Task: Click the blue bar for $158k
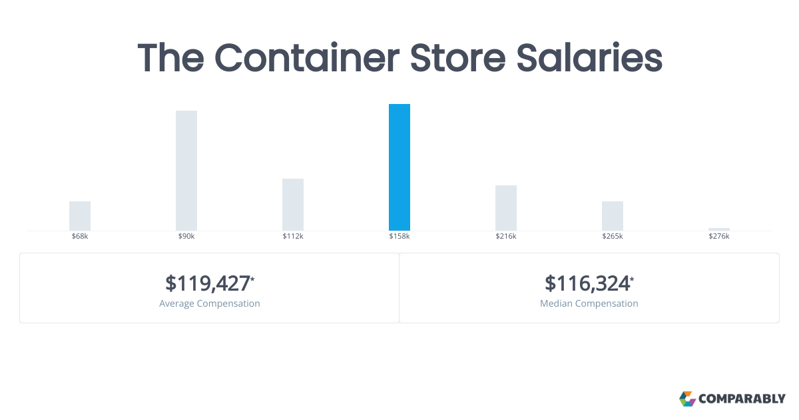click(x=400, y=167)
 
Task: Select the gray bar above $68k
click(x=80, y=216)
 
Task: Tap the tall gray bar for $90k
click(x=186, y=171)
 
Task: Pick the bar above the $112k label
click(x=293, y=205)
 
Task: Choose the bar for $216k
click(x=506, y=208)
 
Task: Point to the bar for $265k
click(x=613, y=216)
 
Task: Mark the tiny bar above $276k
click(x=719, y=229)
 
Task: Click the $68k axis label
click(x=80, y=237)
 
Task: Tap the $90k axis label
click(x=186, y=237)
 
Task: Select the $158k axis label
click(x=400, y=237)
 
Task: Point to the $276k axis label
click(x=719, y=237)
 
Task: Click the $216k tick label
click(x=506, y=237)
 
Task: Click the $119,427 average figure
click(x=208, y=283)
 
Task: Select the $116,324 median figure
click(x=588, y=283)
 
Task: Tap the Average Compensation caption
click(x=210, y=303)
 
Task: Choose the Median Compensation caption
click(x=589, y=303)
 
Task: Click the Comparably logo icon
click(x=687, y=399)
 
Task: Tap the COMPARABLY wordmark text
click(x=742, y=399)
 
